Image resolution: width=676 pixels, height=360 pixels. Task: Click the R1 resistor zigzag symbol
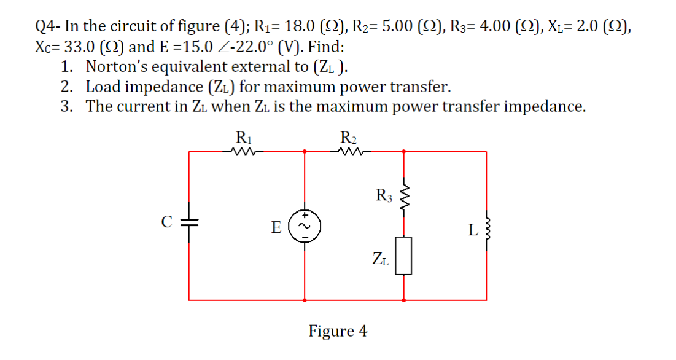[x=238, y=151]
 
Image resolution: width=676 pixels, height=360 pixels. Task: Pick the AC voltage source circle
[x=306, y=227]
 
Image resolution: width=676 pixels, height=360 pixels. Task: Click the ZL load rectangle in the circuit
[x=403, y=257]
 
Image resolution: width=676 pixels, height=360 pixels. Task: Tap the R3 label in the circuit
[x=383, y=197]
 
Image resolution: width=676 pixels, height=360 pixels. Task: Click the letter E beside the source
[x=277, y=228]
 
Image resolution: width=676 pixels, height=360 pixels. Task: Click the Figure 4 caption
[x=338, y=331]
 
